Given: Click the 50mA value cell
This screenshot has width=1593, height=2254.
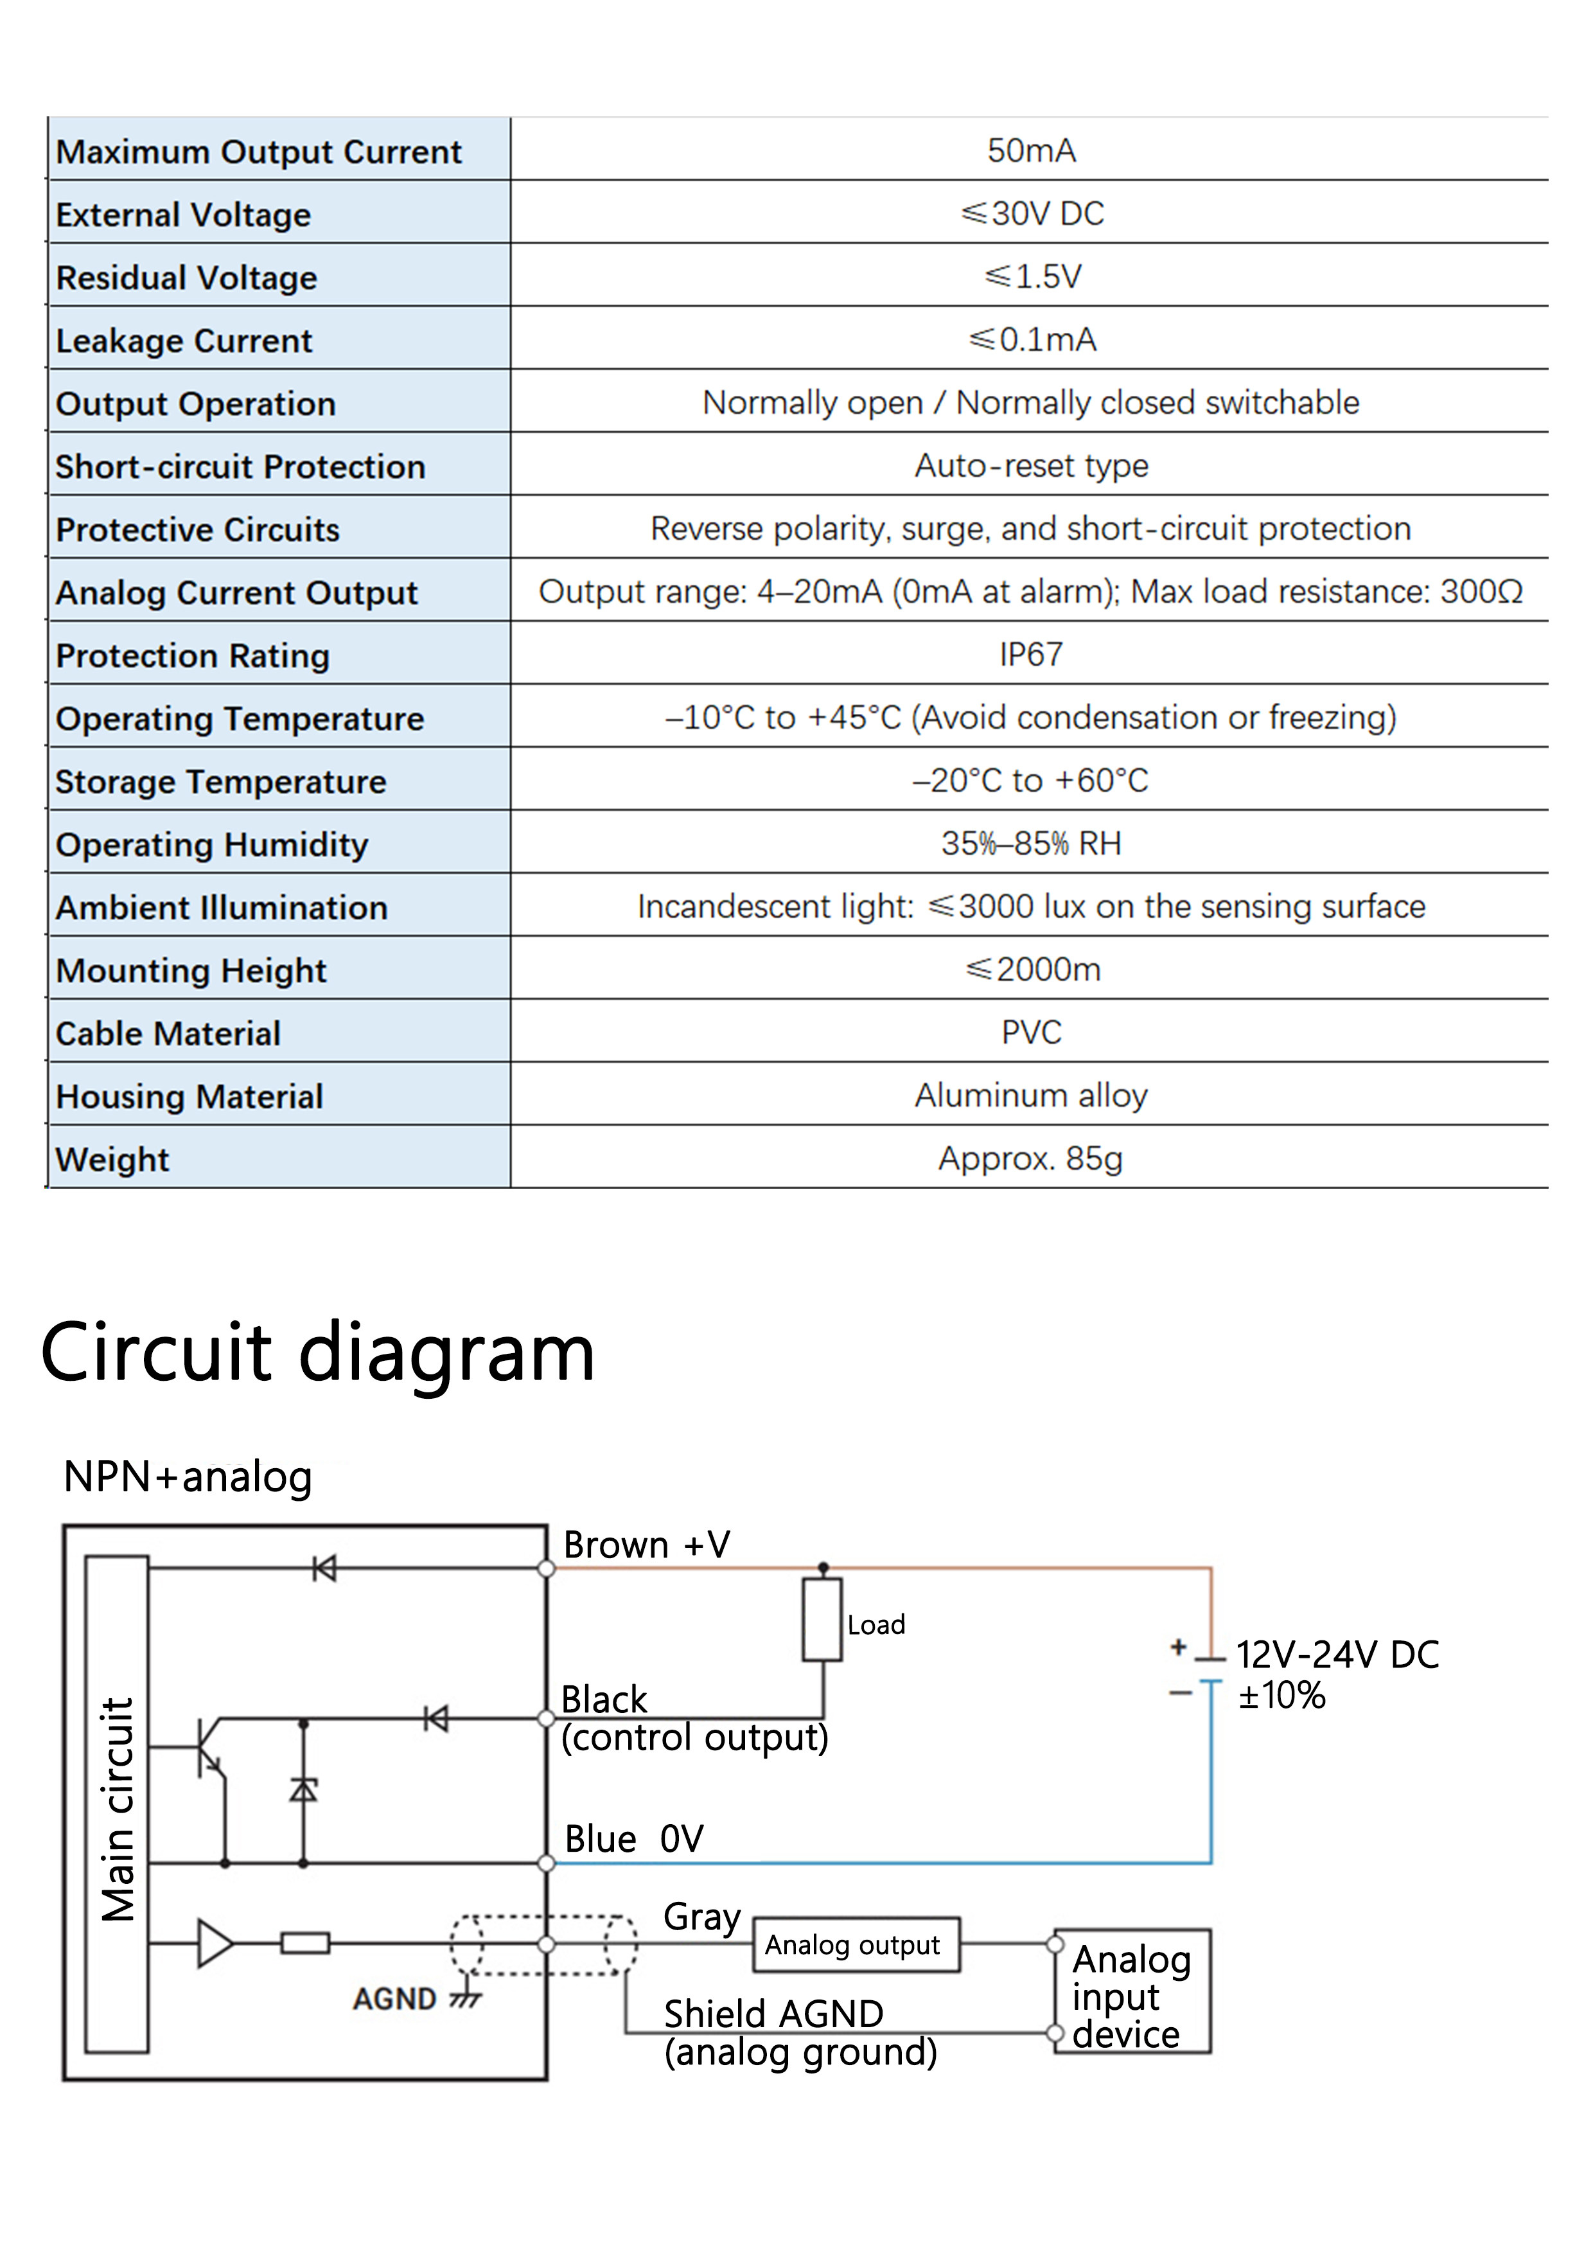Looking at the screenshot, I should (1030, 150).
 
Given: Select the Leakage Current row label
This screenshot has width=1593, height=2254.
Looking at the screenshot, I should (184, 341).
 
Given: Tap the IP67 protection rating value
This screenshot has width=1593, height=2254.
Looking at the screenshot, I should (1030, 654).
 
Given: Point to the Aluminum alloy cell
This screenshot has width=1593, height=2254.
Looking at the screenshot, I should (1030, 1095).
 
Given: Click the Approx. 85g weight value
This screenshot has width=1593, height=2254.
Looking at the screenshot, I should (1030, 1158).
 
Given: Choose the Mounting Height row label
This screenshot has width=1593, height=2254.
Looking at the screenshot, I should (190, 970).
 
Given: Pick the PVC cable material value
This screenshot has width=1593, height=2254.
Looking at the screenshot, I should (1030, 1032).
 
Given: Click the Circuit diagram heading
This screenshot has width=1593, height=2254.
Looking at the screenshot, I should (317, 1352).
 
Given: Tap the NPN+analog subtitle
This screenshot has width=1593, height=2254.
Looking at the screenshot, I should (188, 1477).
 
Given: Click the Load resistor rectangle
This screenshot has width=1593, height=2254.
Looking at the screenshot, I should (822, 1620).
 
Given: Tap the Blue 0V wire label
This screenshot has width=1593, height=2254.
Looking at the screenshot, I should (633, 1839).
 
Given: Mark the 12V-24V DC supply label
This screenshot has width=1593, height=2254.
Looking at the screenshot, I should (1336, 1655).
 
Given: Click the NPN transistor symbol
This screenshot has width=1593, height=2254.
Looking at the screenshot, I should (209, 1748).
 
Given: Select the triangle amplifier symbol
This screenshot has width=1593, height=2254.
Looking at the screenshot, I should (214, 1943).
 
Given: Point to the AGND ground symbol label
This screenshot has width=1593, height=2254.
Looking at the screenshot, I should (394, 1999).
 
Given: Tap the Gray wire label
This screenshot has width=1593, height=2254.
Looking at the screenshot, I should (701, 1915).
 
